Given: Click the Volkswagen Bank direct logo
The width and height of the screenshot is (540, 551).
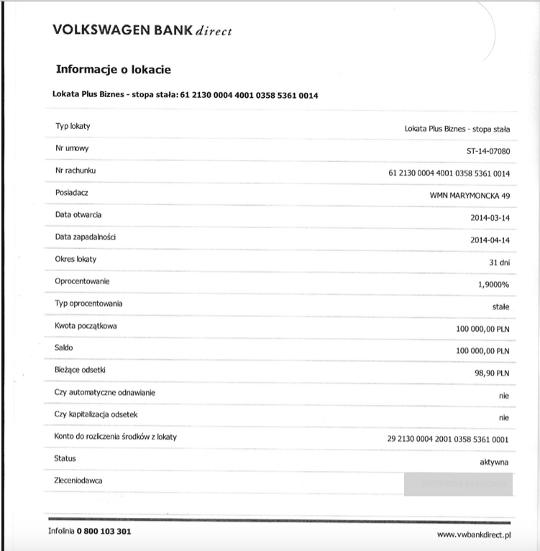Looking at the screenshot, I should (142, 31).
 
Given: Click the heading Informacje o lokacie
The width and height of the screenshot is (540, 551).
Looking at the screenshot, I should (113, 70).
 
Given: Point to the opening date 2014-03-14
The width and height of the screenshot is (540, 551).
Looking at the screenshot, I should (490, 217).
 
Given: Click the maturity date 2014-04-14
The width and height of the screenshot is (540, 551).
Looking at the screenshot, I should (490, 240).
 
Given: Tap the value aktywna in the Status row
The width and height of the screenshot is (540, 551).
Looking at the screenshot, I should (494, 461).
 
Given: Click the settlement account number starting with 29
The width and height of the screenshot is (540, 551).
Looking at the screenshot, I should (448, 439).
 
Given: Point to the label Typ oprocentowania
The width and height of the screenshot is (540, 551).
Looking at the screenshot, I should (88, 304).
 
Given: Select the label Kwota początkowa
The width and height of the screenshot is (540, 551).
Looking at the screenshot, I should (86, 326).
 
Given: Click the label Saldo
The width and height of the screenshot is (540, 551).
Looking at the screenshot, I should (65, 347).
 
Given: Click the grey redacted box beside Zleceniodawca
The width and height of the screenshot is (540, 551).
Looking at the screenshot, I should (458, 484).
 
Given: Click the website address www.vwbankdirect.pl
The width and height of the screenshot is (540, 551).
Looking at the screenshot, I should (473, 534).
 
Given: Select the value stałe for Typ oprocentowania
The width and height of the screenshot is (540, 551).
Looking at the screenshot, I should (500, 307).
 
